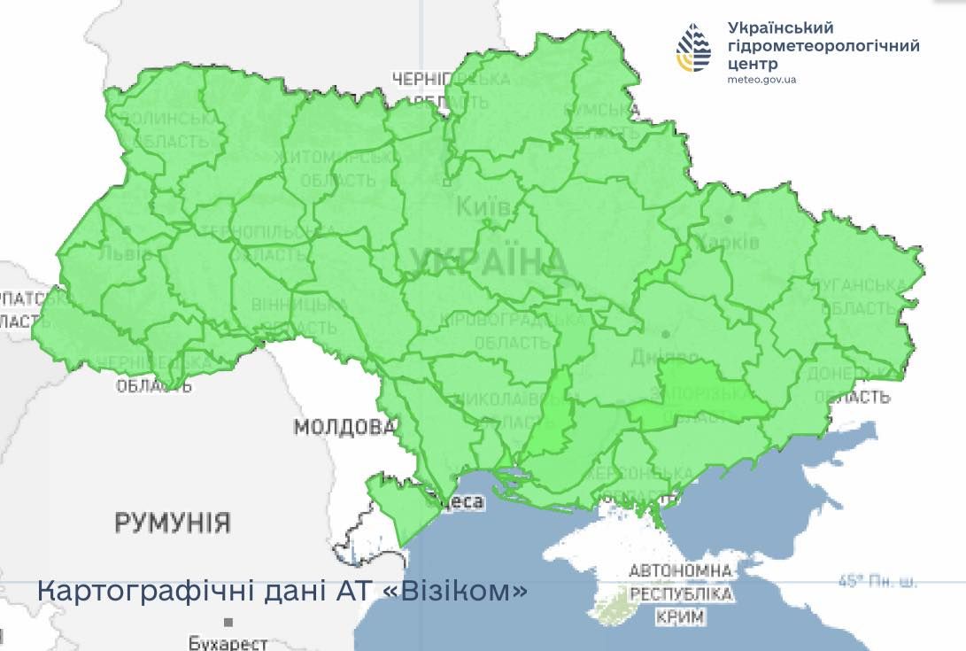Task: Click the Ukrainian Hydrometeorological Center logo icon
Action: pos(694,48)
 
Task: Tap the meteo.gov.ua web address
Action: pos(761,80)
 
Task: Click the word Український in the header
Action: pos(780,27)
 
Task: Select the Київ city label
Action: pos(483,208)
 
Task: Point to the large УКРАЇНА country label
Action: pos(488,261)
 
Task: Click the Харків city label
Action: pos(728,242)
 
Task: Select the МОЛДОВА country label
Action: pos(345,428)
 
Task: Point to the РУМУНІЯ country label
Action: pos(173,523)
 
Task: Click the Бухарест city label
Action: pos(228,642)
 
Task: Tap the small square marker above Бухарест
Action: pos(228,623)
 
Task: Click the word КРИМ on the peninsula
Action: pos(680,616)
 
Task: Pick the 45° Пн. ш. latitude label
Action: pos(877,582)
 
